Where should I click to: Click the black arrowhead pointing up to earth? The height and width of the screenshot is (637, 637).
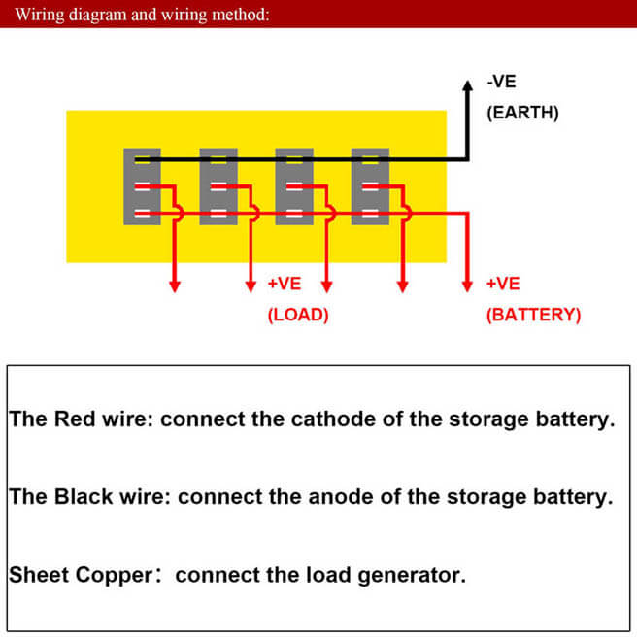pyautogui.click(x=467, y=84)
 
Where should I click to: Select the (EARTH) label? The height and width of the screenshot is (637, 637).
pyautogui.click(x=522, y=113)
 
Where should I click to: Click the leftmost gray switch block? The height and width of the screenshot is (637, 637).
pyautogui.click(x=142, y=185)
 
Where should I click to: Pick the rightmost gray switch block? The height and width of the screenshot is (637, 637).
pyautogui.click(x=370, y=185)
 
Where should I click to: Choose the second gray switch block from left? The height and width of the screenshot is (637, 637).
pyautogui.click(x=218, y=185)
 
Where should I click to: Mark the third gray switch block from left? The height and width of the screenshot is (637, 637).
pyautogui.click(x=294, y=185)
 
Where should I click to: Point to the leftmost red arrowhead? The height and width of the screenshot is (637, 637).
pyautogui.click(x=176, y=285)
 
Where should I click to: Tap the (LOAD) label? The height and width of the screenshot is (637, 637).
pyautogui.click(x=298, y=315)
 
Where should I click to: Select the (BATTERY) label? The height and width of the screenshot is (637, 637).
pyautogui.click(x=533, y=315)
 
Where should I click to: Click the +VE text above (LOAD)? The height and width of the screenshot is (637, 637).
pyautogui.click(x=285, y=284)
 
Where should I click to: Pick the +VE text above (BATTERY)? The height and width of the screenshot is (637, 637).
pyautogui.click(x=503, y=284)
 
